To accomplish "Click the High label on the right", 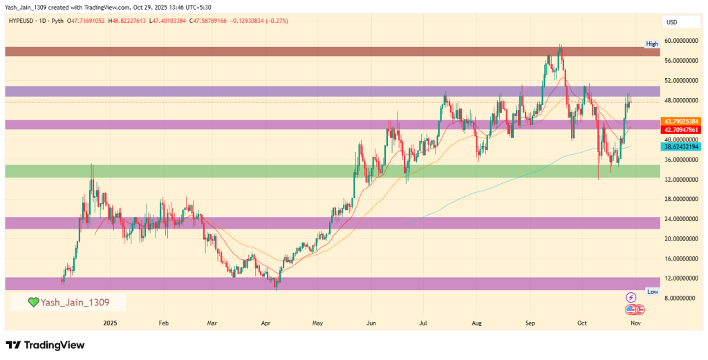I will [x=652, y=44].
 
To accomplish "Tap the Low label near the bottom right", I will [x=652, y=292].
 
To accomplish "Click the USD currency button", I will [x=671, y=22].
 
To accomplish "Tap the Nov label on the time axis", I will [x=635, y=323].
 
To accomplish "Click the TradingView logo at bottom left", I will [x=46, y=345].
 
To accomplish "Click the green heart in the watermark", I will [x=33, y=303].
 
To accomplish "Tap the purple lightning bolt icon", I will [x=631, y=297].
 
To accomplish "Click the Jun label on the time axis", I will [x=371, y=323].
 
